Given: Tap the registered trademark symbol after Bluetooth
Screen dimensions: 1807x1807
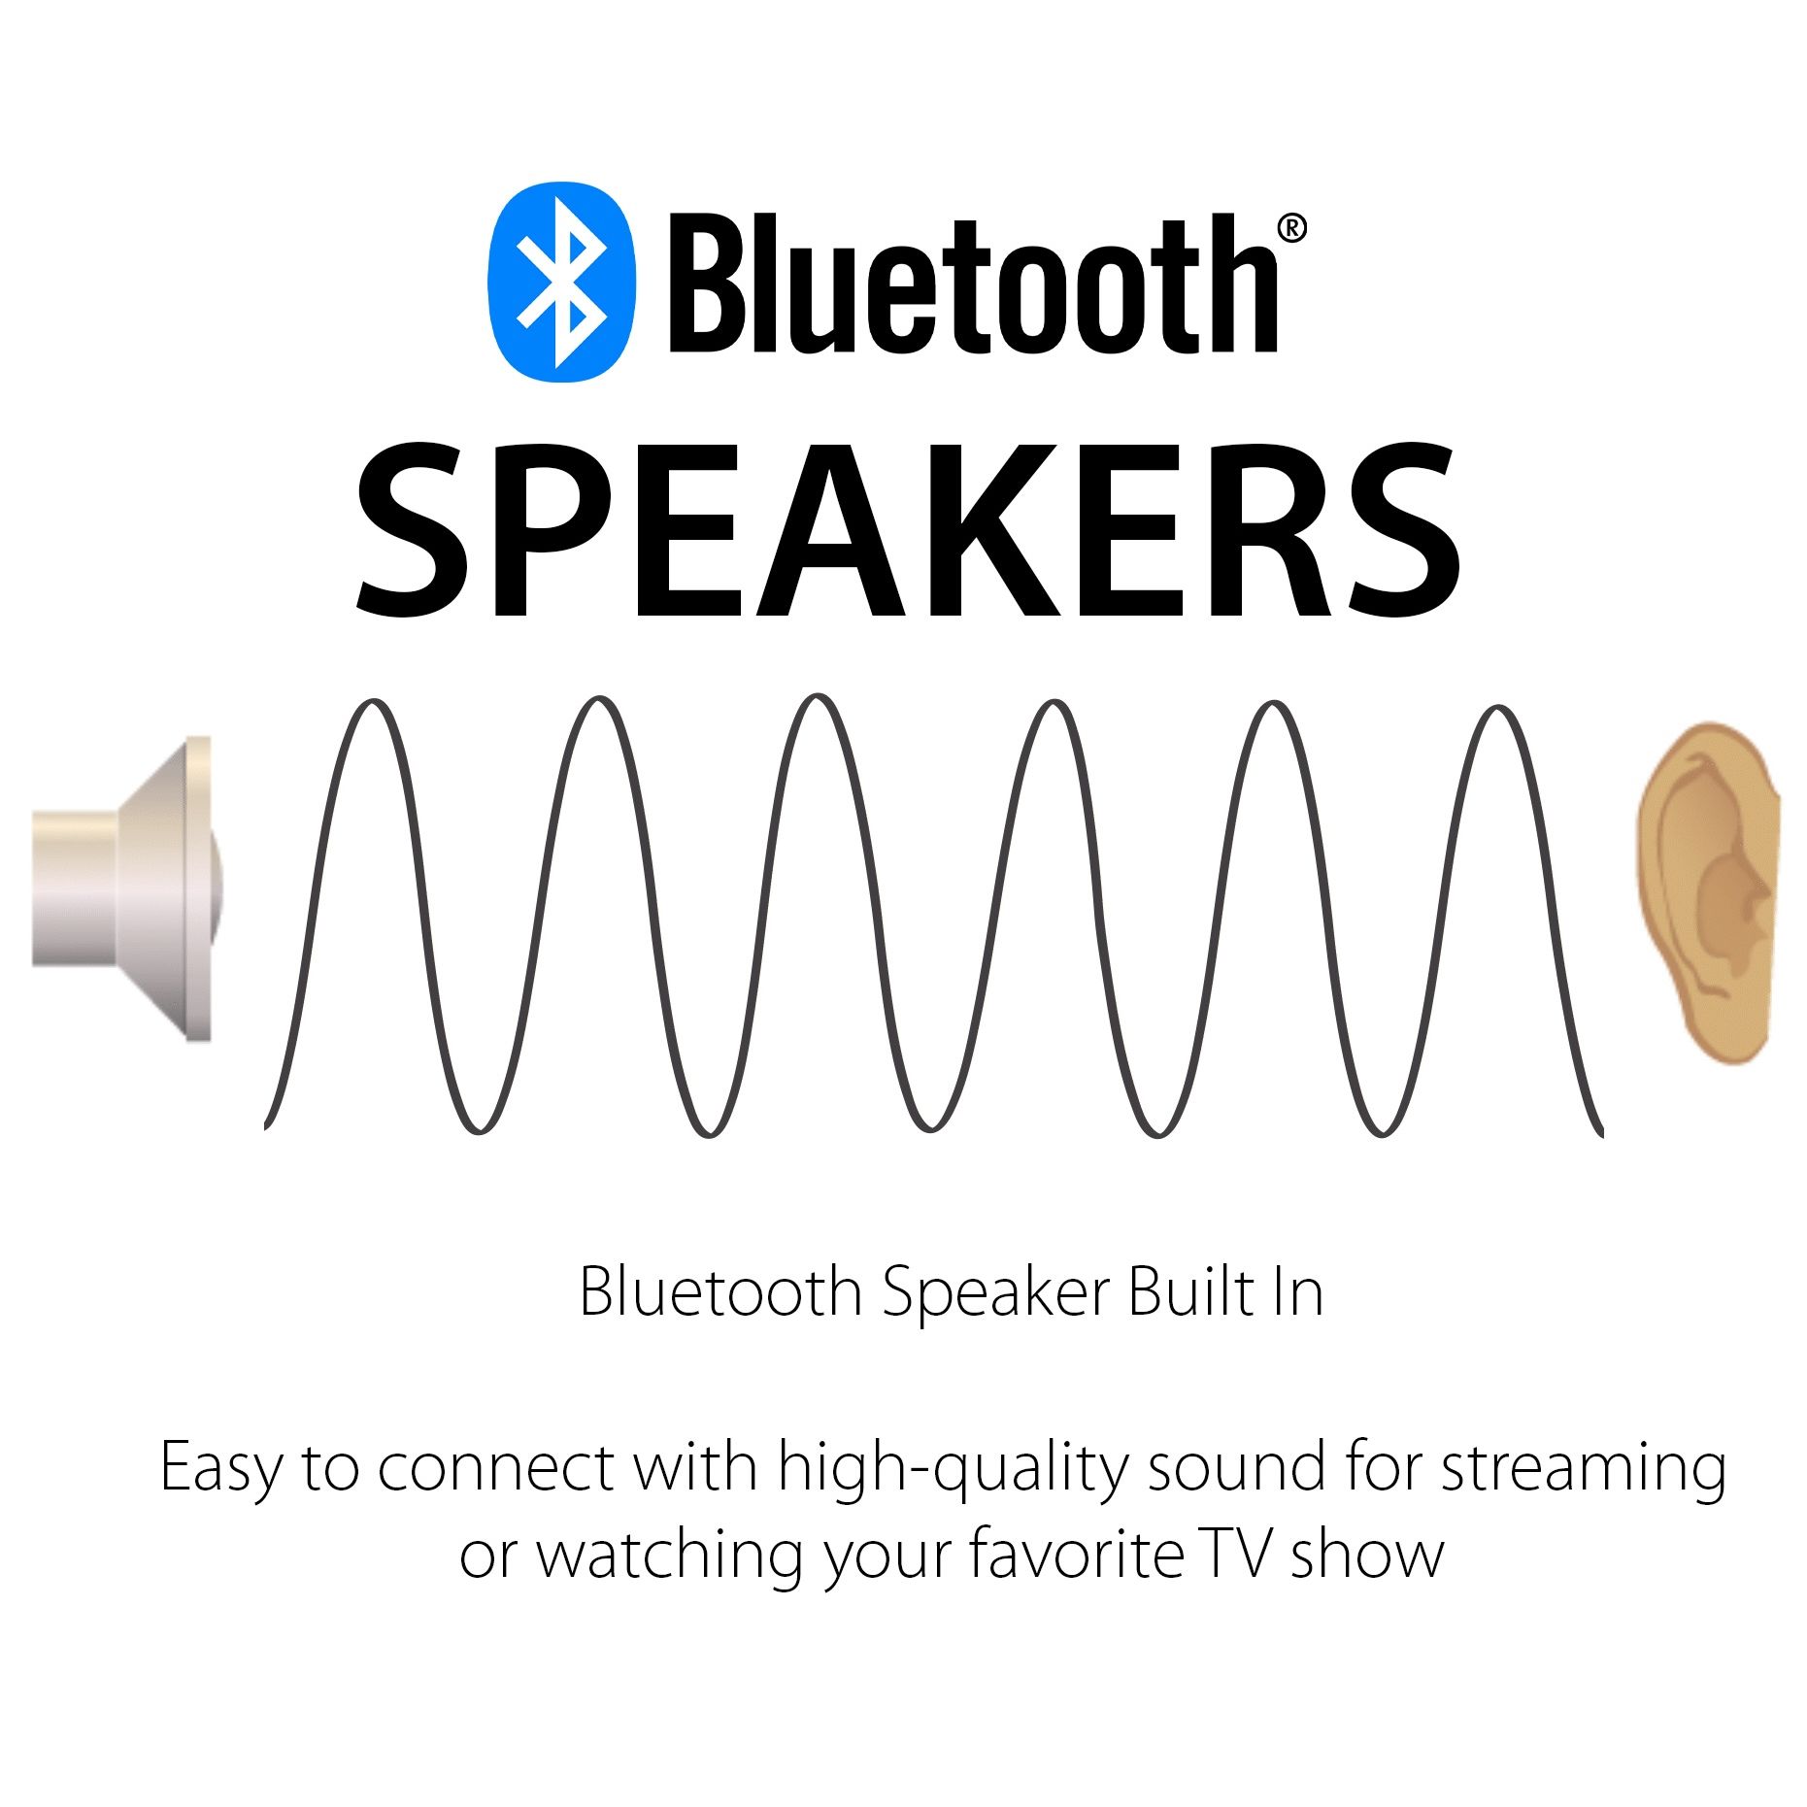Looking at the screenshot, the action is click(1290, 228).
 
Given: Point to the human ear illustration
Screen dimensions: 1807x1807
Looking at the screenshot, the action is click(1708, 892).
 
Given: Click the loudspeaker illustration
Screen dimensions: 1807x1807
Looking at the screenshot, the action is click(127, 888).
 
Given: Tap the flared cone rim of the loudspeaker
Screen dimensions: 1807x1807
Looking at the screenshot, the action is click(197, 888).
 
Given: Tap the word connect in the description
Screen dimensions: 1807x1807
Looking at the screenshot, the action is click(496, 1468).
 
